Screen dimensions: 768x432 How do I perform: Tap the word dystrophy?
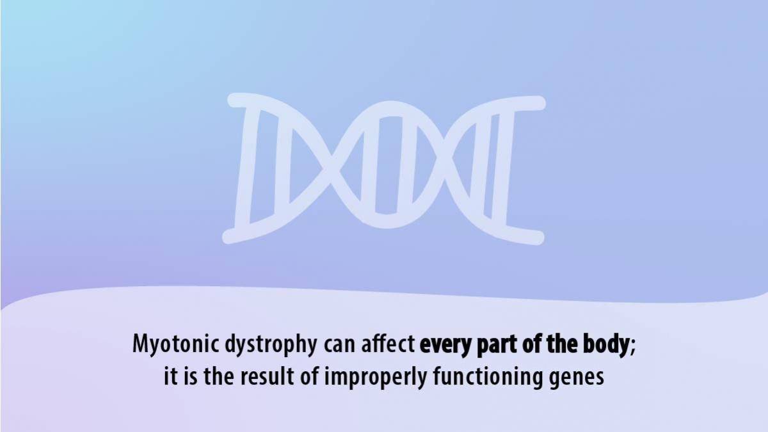click(271, 344)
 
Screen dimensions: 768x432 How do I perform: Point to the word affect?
click(388, 344)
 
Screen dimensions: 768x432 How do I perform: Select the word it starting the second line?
click(171, 376)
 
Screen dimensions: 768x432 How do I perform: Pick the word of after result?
click(310, 376)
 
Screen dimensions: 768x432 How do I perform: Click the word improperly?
click(376, 377)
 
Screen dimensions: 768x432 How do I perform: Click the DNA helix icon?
click(384, 169)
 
